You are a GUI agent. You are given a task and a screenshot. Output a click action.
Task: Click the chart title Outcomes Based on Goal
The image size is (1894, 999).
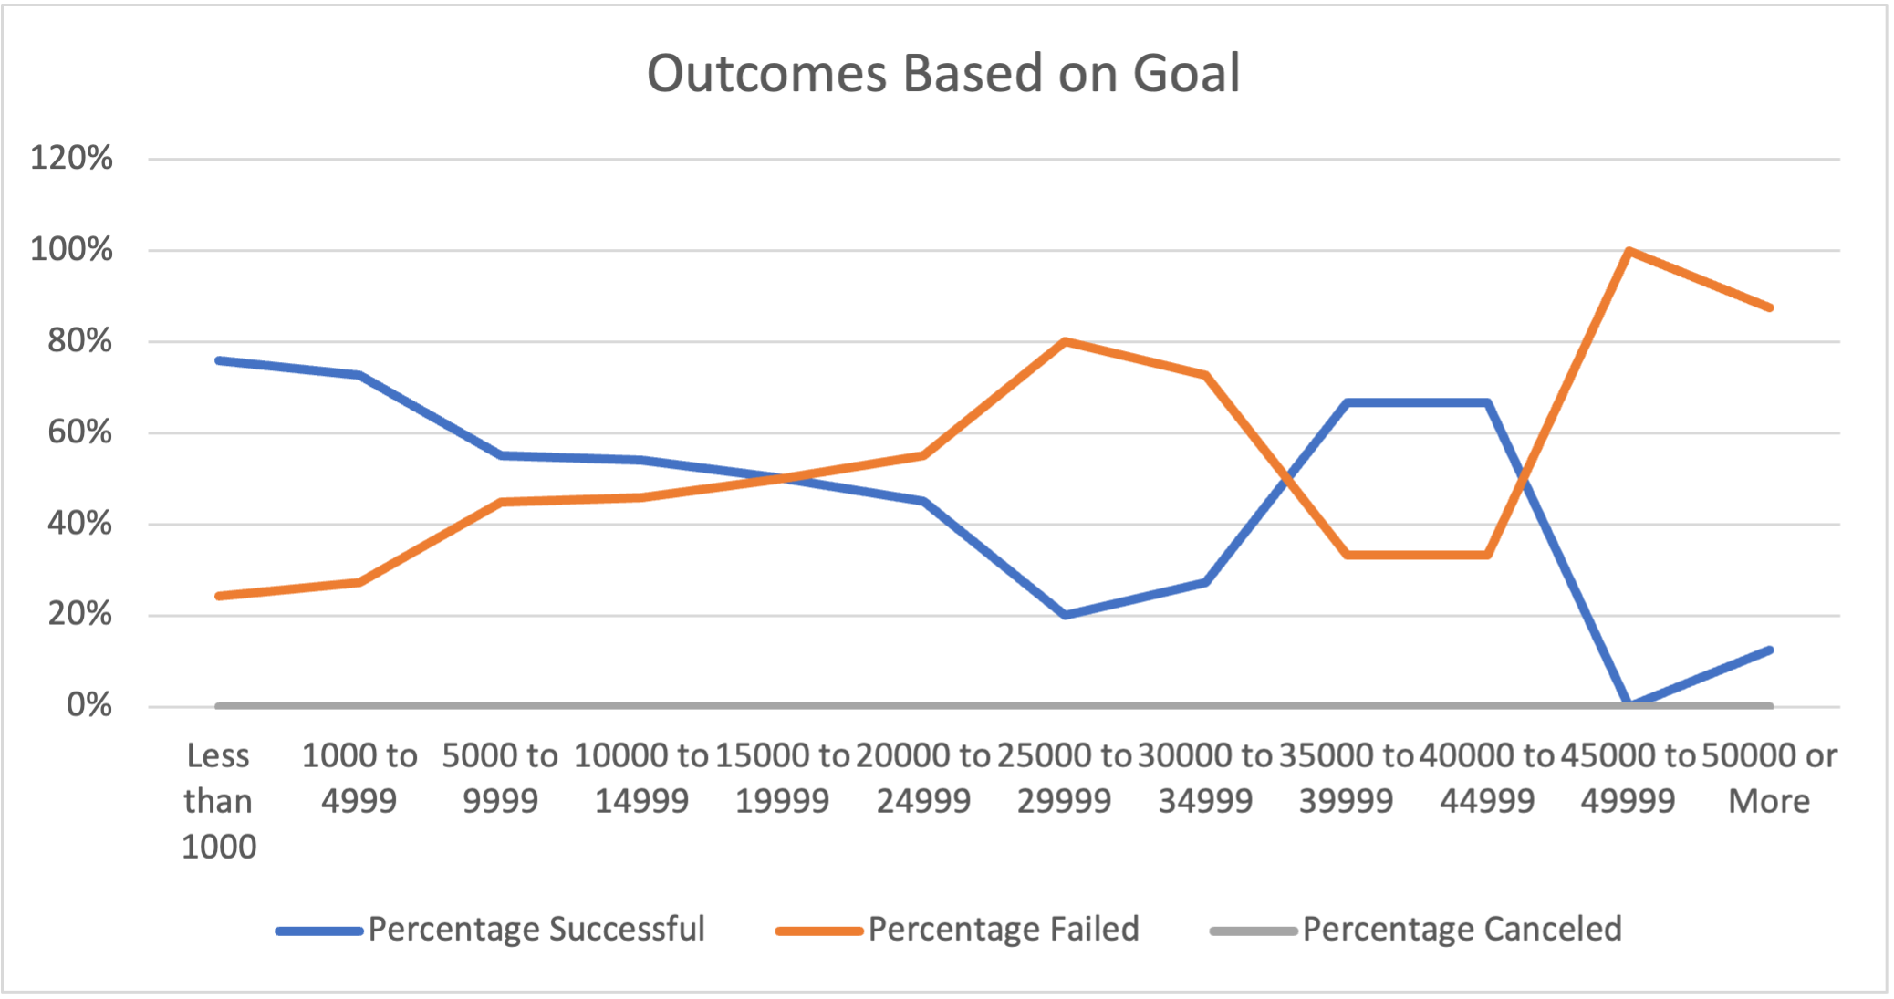(943, 73)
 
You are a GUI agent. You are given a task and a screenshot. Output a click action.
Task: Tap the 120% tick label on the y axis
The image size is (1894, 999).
(71, 158)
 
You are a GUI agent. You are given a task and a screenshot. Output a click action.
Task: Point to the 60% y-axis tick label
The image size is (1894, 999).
(79, 432)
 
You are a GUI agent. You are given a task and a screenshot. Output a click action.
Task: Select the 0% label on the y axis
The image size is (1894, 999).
(88, 705)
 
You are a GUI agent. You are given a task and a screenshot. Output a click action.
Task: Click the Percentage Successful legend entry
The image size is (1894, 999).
(536, 929)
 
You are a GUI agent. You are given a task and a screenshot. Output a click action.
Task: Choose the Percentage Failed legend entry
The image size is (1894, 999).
(1003, 929)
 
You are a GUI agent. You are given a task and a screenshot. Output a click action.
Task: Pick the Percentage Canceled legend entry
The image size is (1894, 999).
(1462, 929)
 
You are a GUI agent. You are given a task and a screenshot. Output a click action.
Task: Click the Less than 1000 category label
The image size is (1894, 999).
(218, 801)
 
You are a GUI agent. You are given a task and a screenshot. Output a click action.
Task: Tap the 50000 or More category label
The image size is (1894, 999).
(1769, 778)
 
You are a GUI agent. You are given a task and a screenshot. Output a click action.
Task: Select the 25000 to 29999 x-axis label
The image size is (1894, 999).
(1064, 778)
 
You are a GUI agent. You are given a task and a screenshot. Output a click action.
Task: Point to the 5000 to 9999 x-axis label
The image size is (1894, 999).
(500, 778)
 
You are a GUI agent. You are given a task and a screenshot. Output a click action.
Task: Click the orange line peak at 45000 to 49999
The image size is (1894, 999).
(1629, 251)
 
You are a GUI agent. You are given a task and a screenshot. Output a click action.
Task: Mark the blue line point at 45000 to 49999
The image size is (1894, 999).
(1629, 704)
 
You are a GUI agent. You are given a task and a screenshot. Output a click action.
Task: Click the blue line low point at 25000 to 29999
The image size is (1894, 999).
(1065, 615)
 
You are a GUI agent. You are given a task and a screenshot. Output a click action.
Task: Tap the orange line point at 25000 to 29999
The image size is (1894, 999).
(1065, 341)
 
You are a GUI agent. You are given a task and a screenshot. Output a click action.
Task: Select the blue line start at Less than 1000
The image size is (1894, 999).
(219, 360)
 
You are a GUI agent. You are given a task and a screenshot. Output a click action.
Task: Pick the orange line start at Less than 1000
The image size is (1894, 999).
(219, 596)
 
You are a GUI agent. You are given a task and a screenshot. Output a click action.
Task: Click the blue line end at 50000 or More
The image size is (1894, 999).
(1770, 650)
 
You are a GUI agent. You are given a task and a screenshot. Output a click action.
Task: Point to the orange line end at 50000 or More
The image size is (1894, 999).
(1770, 307)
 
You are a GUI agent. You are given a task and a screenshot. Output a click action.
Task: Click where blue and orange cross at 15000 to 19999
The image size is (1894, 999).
(783, 478)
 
